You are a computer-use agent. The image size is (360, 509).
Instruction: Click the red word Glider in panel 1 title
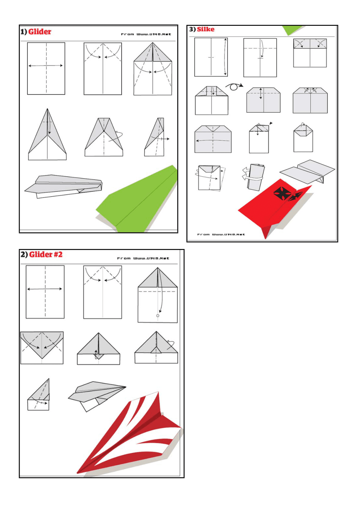pyautogui.click(x=40, y=32)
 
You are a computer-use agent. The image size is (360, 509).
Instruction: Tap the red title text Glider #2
pyautogui.click(x=46, y=254)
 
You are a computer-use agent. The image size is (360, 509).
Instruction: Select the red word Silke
pyautogui.click(x=205, y=29)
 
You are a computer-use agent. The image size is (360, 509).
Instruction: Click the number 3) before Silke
pyautogui.click(x=193, y=29)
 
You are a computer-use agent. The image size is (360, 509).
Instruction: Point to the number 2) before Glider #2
pyautogui.click(x=24, y=254)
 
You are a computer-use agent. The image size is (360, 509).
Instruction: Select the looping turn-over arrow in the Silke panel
pyautogui.click(x=234, y=86)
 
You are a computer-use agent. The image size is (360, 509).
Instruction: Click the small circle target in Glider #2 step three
pyautogui.click(x=158, y=315)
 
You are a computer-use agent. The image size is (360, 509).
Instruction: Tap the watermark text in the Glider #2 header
pyautogui.click(x=143, y=258)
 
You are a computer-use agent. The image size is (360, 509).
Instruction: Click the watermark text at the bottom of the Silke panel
pyautogui.click(x=221, y=234)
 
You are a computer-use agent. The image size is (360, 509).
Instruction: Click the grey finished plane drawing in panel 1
pyautogui.click(x=63, y=186)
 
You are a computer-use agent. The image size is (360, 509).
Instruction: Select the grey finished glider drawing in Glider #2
pyautogui.click(x=97, y=396)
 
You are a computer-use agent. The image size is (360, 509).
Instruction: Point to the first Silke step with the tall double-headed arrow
pyautogui.click(x=211, y=57)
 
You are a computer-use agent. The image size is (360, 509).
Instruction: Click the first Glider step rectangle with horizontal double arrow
pyautogui.click(x=46, y=68)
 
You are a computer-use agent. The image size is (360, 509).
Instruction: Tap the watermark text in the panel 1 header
pyautogui.click(x=146, y=34)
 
